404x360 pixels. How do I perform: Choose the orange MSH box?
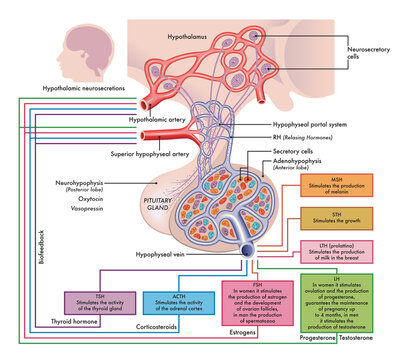[343, 187]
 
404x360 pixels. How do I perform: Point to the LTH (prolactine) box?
[343, 252]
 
